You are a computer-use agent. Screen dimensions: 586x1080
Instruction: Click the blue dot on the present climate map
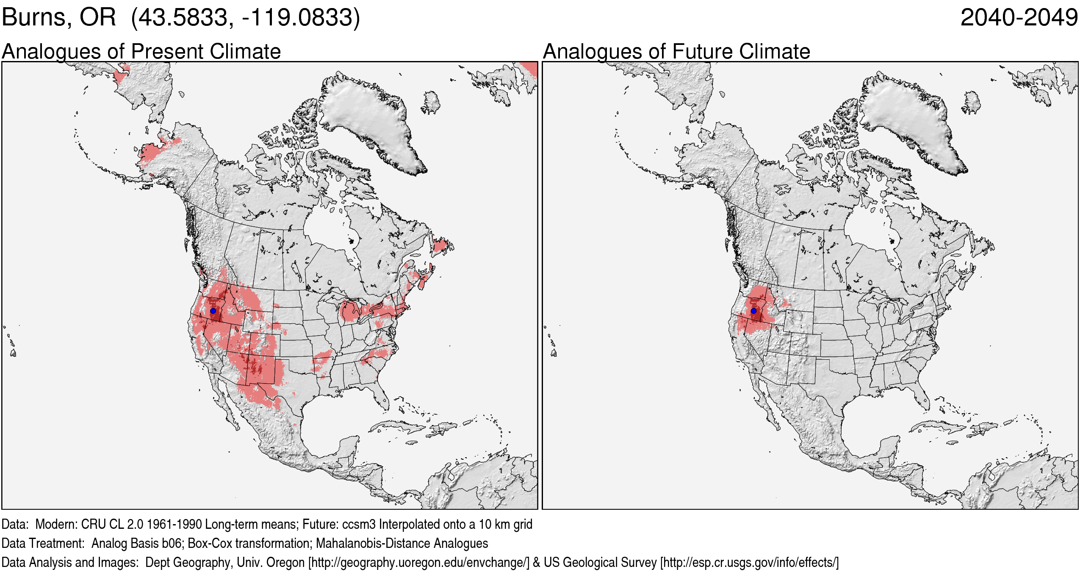pyautogui.click(x=213, y=311)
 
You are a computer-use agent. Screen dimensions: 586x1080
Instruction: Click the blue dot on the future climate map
pyautogui.click(x=753, y=311)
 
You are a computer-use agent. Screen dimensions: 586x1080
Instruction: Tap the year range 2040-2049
pyautogui.click(x=1019, y=18)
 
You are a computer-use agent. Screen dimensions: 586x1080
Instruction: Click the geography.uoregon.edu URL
pyautogui.click(x=419, y=563)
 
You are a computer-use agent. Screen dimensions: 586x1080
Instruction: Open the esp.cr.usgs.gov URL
pyautogui.click(x=749, y=563)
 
